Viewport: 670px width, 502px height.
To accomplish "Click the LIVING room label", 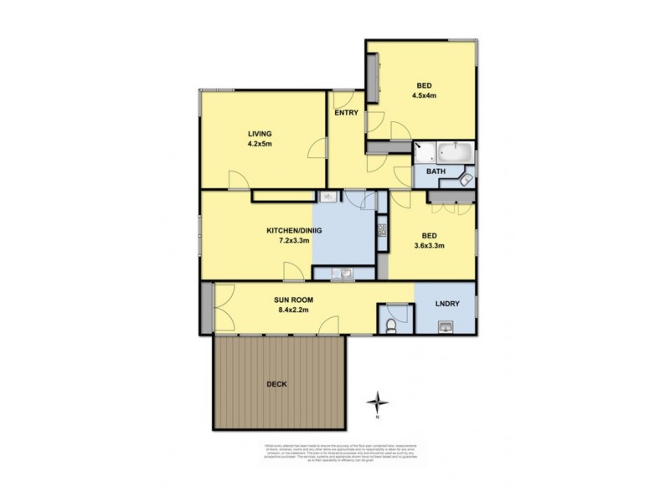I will [x=260, y=133].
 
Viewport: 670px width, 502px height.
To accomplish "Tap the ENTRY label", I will [x=347, y=112].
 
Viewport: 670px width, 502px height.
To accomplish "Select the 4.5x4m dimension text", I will [x=425, y=95].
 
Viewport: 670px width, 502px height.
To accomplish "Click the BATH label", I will [x=435, y=172].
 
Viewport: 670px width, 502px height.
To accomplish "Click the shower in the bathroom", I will [x=424, y=154].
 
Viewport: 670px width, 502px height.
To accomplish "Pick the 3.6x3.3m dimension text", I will [x=428, y=246].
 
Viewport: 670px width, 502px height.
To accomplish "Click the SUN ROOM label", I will [x=293, y=299].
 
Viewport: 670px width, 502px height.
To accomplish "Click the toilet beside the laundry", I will [x=391, y=325].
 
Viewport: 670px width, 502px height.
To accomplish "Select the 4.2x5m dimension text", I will [x=260, y=144].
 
